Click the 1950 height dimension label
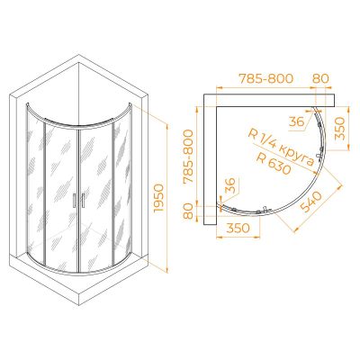(x=158, y=198)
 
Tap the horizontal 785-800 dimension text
(x=265, y=78)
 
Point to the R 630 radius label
(x=274, y=164)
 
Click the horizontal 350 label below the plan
(x=238, y=228)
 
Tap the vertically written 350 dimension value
(x=340, y=129)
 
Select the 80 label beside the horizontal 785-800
(x=320, y=78)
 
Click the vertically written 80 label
(x=188, y=211)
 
